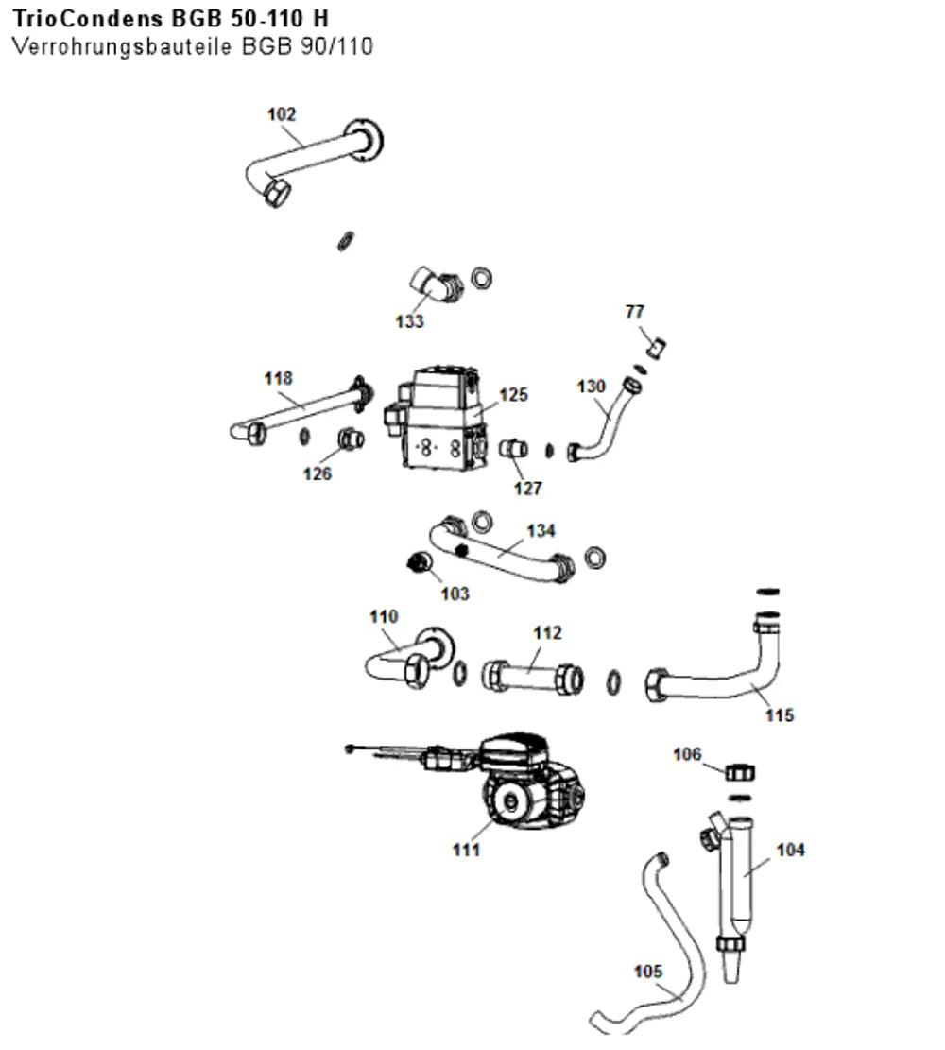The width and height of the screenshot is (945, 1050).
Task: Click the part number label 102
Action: point(282,114)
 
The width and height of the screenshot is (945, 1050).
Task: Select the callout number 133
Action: point(409,321)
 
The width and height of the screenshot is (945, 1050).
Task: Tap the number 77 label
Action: point(634,311)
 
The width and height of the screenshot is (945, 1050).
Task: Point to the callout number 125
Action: point(513,394)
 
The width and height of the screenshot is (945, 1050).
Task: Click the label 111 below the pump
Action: point(466,850)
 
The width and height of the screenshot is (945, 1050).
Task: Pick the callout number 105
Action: point(647,971)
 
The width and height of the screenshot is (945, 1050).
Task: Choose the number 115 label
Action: point(779,715)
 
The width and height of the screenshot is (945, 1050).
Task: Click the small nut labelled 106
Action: point(739,773)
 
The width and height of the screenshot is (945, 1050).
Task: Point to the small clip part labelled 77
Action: point(656,348)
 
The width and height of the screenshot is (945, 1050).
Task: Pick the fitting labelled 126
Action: point(351,439)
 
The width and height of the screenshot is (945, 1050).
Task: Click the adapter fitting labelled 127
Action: point(514,448)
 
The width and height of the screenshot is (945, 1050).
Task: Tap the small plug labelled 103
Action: point(419,561)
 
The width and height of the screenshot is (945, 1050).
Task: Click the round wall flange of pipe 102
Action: point(365,141)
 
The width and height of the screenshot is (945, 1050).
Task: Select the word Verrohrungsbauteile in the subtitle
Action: point(123,46)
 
